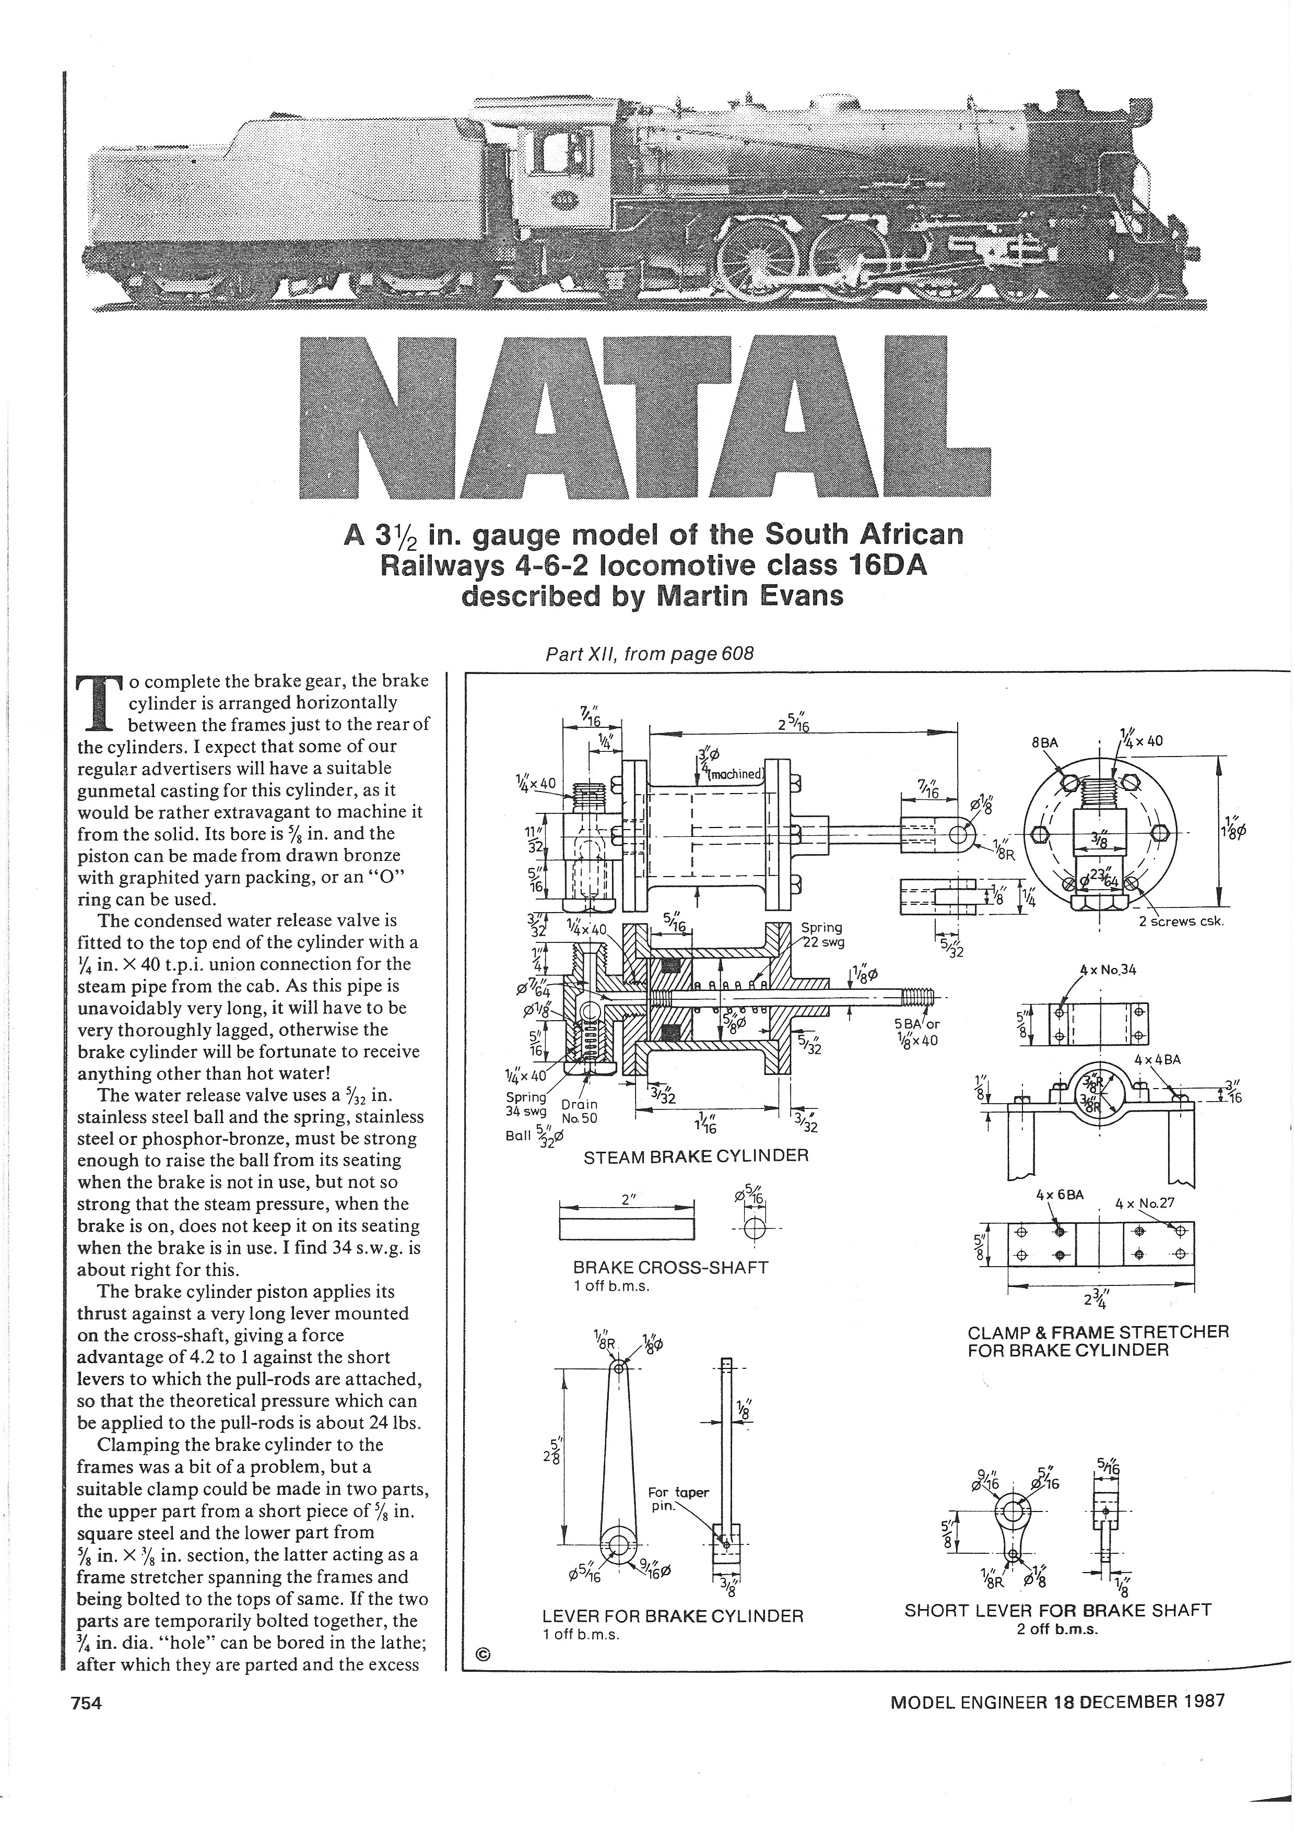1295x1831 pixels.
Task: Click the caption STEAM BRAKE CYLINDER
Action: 696,1155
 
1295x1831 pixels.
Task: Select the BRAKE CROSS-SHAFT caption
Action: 670,1267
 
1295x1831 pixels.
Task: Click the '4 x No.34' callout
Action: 1109,970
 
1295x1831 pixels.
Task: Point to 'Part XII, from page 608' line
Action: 649,653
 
